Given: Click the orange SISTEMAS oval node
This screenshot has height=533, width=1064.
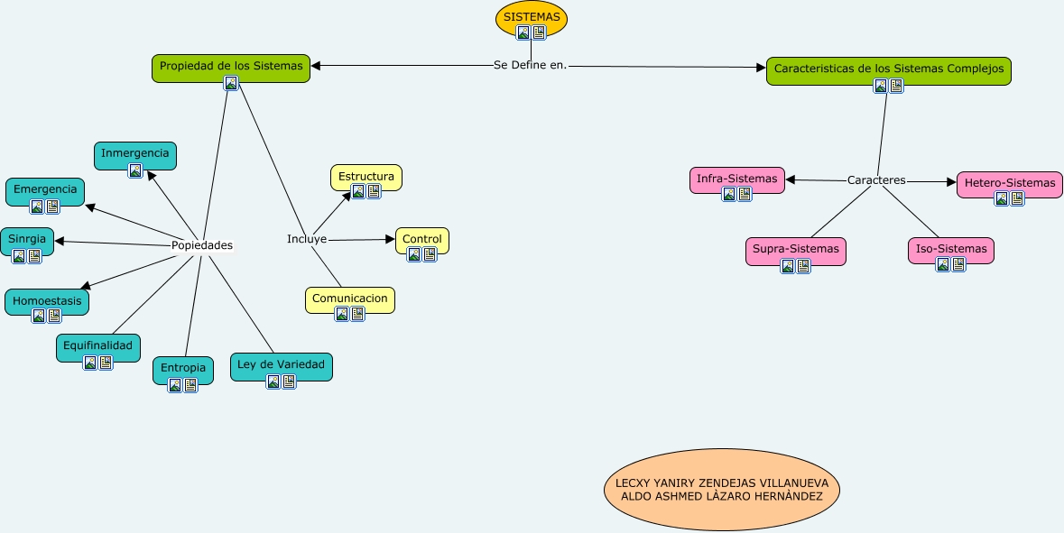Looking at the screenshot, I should [532, 18].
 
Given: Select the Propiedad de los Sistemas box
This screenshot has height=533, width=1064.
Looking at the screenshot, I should [231, 66].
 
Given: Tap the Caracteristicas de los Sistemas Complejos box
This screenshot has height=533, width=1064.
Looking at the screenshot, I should [888, 69].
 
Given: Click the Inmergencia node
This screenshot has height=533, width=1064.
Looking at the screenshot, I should [134, 153].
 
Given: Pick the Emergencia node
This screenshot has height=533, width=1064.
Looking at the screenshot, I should [45, 189].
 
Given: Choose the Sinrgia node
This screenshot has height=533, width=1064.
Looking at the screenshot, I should [26, 239].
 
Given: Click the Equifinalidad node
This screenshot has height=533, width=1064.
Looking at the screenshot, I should [97, 345].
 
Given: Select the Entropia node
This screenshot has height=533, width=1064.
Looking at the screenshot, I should [183, 368].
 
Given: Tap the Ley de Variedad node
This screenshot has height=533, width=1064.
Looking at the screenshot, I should [281, 364].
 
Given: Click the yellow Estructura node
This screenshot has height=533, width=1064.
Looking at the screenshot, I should [365, 176].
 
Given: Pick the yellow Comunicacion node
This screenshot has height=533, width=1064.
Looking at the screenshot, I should [349, 298].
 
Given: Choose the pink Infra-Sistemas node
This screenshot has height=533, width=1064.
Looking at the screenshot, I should [736, 179].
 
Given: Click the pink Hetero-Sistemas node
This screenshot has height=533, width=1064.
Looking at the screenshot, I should [1009, 183].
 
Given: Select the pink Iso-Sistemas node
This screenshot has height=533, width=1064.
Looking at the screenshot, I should [950, 248].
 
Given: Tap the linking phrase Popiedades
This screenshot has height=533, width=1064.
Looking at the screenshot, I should [202, 245].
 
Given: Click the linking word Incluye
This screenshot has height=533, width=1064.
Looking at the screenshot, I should [307, 239].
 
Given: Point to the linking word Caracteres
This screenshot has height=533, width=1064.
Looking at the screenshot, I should [876, 180].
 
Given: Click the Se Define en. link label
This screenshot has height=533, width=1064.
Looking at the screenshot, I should [531, 65].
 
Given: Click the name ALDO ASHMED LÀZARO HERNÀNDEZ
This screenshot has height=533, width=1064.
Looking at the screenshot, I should [721, 497].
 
